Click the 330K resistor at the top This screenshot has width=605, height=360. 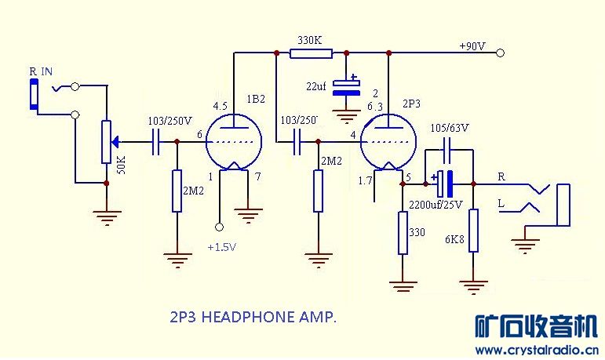click(x=311, y=53)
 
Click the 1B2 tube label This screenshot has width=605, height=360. click(x=255, y=100)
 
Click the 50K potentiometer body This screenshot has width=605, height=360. click(x=107, y=142)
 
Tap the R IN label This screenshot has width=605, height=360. click(x=41, y=72)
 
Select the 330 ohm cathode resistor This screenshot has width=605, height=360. click(x=403, y=233)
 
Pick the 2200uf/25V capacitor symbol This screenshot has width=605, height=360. click(x=445, y=184)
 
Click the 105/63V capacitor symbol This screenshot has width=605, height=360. click(x=448, y=148)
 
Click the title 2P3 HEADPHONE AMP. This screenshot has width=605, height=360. click(x=253, y=318)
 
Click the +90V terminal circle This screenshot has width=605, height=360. click(x=500, y=53)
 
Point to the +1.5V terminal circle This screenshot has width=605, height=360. click(x=220, y=227)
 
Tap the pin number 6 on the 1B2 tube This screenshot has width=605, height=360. click(x=200, y=135)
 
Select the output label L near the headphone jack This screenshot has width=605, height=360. click(x=500, y=203)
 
